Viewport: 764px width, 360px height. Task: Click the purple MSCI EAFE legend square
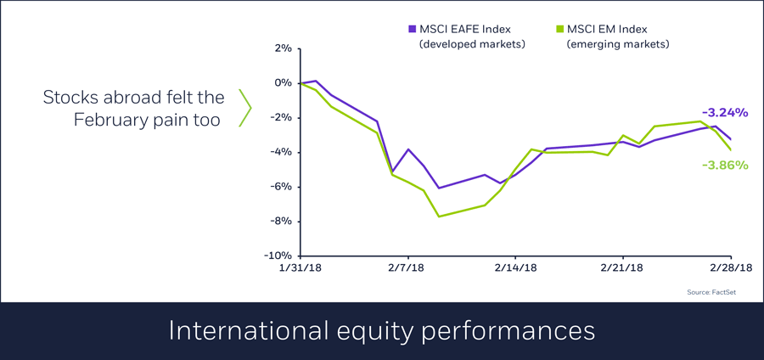pos(413,28)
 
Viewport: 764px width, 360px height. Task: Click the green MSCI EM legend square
pos(559,28)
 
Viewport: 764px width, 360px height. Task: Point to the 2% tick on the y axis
pos(282,48)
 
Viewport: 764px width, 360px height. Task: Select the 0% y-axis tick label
pos(282,83)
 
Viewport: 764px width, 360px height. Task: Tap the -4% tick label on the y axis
pos(280,152)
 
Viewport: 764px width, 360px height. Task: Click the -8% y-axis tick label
pos(280,221)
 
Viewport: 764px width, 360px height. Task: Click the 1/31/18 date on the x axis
pos(301,267)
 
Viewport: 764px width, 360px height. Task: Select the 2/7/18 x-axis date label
pos(408,267)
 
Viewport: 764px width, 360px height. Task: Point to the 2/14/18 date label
pos(515,267)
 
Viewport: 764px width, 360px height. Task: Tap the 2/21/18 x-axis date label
pos(622,267)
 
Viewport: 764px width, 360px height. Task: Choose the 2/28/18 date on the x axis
pos(729,267)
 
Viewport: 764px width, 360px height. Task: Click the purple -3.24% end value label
pos(724,112)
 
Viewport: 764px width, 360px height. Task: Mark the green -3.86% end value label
pos(724,165)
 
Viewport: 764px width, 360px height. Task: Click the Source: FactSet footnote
pos(711,292)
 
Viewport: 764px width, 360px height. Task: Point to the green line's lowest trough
pos(439,216)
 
